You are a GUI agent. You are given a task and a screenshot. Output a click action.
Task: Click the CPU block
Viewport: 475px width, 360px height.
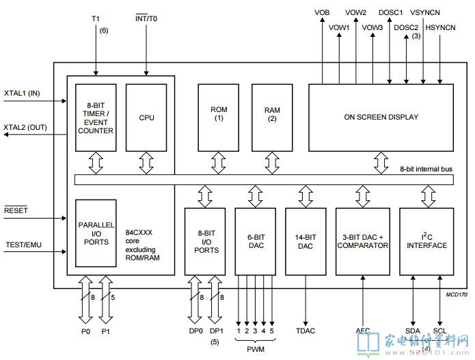(146, 117)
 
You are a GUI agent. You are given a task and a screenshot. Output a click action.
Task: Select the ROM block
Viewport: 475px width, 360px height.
(218, 117)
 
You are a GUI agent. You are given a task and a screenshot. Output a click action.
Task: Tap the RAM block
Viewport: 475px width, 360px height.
(272, 117)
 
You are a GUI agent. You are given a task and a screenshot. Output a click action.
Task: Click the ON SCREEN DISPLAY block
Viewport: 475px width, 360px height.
(381, 117)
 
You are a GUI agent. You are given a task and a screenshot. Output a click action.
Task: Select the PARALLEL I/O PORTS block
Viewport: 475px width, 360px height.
(96, 233)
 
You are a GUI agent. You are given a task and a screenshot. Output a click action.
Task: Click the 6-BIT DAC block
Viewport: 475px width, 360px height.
(256, 240)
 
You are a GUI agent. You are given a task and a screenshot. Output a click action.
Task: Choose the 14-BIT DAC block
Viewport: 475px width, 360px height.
(306, 240)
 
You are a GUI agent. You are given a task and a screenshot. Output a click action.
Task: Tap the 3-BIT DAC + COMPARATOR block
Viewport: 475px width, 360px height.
(362, 240)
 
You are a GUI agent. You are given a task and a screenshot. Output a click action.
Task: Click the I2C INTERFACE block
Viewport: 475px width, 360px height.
(424, 240)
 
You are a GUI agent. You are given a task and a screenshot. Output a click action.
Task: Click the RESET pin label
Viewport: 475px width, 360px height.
(16, 211)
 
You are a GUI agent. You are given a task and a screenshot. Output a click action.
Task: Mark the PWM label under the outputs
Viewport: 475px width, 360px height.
(256, 348)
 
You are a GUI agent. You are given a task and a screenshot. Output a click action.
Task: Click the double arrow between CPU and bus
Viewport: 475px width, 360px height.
(146, 163)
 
